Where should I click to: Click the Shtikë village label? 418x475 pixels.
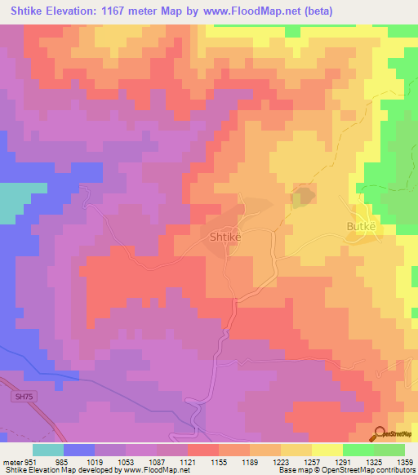(224, 236)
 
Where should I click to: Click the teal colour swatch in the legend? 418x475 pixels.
(48, 449)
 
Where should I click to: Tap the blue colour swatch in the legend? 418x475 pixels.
(79, 449)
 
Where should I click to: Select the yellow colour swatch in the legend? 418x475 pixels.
(327, 449)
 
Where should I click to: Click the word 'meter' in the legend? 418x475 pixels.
(12, 460)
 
